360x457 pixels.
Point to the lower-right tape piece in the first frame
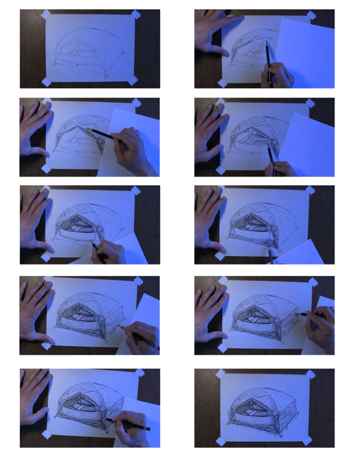[133, 81]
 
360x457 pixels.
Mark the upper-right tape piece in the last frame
[310, 374]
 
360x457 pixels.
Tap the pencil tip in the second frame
[267, 43]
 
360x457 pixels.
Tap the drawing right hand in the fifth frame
[111, 252]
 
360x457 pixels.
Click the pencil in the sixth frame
[270, 256]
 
